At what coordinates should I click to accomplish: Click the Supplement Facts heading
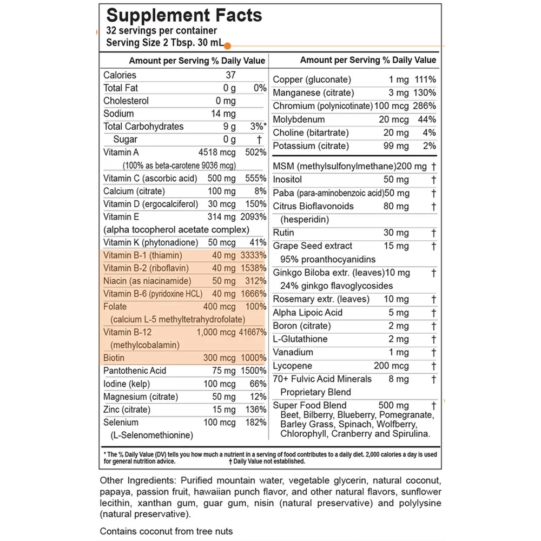tap(184, 16)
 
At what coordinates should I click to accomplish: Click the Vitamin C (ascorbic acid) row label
tap(142, 178)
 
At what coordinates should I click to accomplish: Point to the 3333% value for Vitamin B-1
tap(252, 255)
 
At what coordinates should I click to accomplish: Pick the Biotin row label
tap(114, 358)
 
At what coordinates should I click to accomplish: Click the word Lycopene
tap(293, 366)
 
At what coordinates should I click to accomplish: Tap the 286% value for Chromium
tap(425, 106)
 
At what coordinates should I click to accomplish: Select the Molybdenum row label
tap(299, 120)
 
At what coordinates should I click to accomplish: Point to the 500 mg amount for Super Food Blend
tap(394, 405)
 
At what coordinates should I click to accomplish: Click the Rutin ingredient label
tap(283, 233)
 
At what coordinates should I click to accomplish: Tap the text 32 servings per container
tap(162, 31)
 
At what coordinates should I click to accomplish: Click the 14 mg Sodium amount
tap(226, 114)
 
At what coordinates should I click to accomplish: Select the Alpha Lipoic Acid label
tap(307, 313)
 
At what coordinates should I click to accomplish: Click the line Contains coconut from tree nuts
tap(167, 531)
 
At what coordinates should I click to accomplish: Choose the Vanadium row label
tap(293, 352)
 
